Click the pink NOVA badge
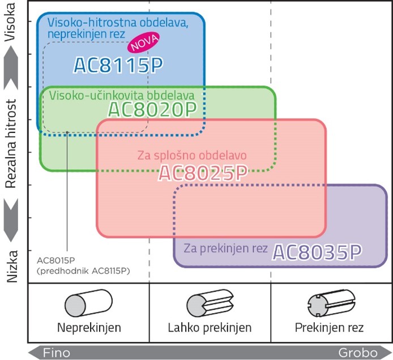click(143, 44)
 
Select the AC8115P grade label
click(118, 66)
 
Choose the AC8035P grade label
click(317, 252)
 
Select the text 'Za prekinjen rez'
click(226, 249)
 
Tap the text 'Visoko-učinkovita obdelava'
click(122, 95)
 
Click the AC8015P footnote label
click(84, 265)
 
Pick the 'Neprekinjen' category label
click(89, 328)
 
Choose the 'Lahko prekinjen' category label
click(210, 328)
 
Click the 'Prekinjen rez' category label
click(329, 328)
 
